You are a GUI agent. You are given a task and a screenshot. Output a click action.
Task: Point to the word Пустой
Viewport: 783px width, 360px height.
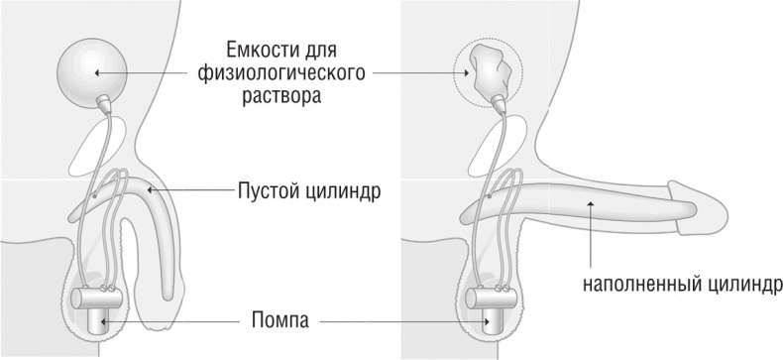click(269, 188)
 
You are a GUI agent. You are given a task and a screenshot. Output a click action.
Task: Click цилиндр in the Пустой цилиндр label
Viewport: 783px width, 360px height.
click(346, 188)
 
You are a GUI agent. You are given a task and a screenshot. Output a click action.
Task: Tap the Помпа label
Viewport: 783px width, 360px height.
click(281, 321)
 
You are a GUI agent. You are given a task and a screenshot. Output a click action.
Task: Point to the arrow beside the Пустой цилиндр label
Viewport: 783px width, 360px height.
click(188, 187)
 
